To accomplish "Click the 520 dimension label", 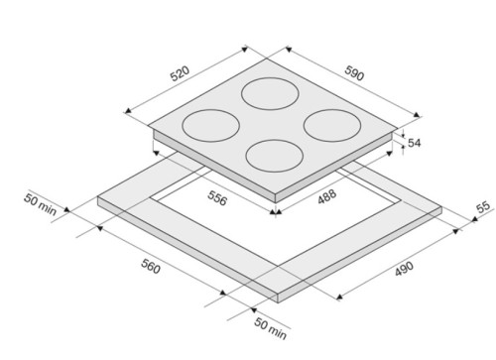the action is click(x=180, y=73).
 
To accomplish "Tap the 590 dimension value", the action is click(x=354, y=72).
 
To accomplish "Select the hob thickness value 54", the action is click(x=415, y=143).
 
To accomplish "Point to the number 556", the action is click(x=217, y=198).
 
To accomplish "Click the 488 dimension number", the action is click(x=327, y=196).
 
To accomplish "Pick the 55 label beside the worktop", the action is click(x=483, y=207).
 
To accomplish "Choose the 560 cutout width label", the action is click(x=151, y=266).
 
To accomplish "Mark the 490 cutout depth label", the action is click(x=404, y=269).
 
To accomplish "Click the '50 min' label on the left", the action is click(x=40, y=204).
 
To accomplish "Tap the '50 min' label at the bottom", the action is click(x=270, y=328).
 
